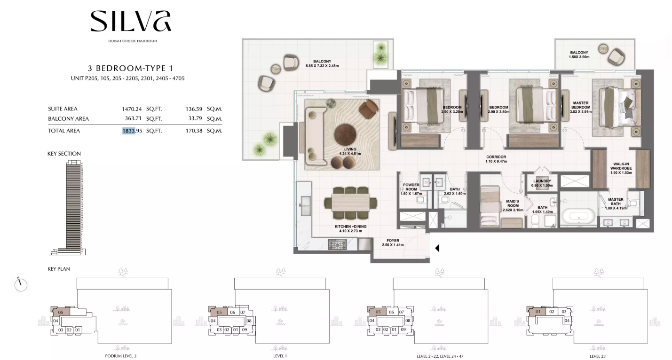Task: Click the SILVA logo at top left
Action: coord(131,21)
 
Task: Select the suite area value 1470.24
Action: coord(131,109)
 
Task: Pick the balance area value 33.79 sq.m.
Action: coord(195,118)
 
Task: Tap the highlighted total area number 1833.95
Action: coord(132,131)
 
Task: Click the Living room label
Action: coord(350,151)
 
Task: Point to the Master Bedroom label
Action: coord(580,107)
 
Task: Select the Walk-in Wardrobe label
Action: coord(621,168)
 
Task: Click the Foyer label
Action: coord(393,243)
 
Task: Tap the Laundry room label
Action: coord(542,183)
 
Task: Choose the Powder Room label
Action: coord(411,189)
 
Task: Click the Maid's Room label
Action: coord(513,206)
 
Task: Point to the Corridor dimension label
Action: coord(496,159)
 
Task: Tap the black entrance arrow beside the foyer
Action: coord(437,248)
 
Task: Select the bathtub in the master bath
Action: coord(579,216)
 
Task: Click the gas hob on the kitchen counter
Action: coord(337,244)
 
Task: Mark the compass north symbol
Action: coord(21,284)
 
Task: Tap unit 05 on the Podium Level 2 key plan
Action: coord(61,313)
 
